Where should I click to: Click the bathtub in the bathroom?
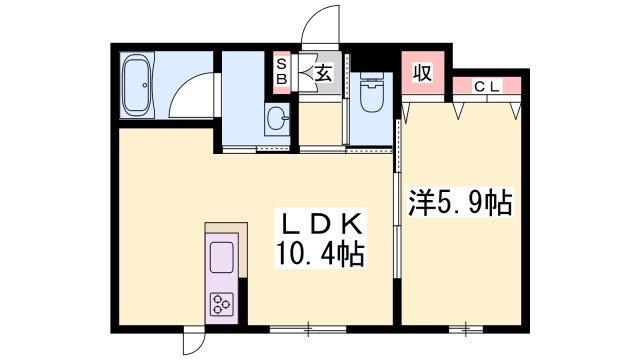click(137, 85)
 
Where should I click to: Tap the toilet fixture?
click(371, 92)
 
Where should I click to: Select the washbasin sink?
click(276, 118)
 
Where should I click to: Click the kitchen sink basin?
click(222, 257)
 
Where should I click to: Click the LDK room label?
click(322, 224)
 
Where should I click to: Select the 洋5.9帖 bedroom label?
click(460, 202)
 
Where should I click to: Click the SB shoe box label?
click(282, 72)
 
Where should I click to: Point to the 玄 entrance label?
click(324, 73)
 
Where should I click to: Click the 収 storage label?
click(422, 73)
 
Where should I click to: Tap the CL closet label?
click(487, 87)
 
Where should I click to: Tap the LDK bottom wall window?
click(308, 329)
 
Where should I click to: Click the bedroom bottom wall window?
click(466, 329)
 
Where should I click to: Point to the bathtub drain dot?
click(144, 85)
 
